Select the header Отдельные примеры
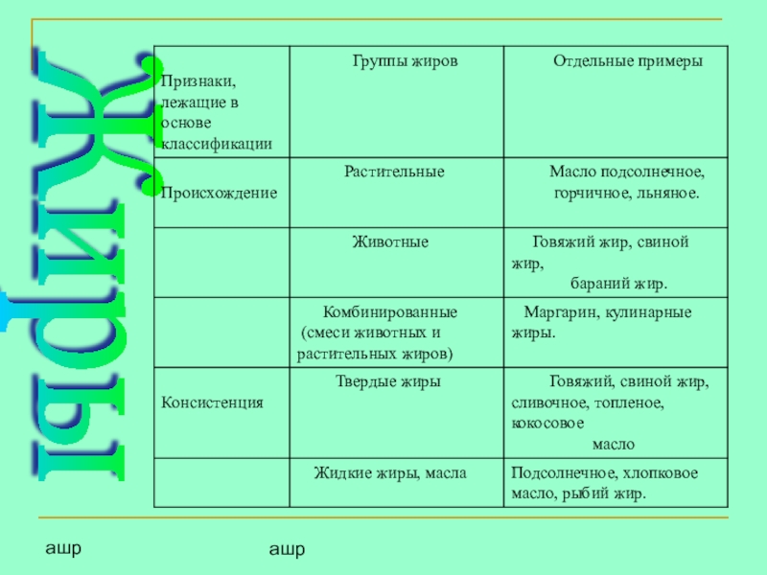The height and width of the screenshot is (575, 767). (627, 60)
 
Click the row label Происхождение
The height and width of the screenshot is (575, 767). (218, 193)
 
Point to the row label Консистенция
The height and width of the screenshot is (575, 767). (212, 403)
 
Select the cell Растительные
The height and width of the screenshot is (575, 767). (395, 172)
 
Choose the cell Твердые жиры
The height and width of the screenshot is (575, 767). (387, 381)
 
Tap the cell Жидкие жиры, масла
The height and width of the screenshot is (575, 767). (390, 472)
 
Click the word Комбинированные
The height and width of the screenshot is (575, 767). (389, 312)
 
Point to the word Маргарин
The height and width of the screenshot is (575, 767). (551, 312)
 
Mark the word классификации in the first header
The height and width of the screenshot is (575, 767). (217, 144)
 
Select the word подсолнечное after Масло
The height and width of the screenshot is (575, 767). (653, 173)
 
